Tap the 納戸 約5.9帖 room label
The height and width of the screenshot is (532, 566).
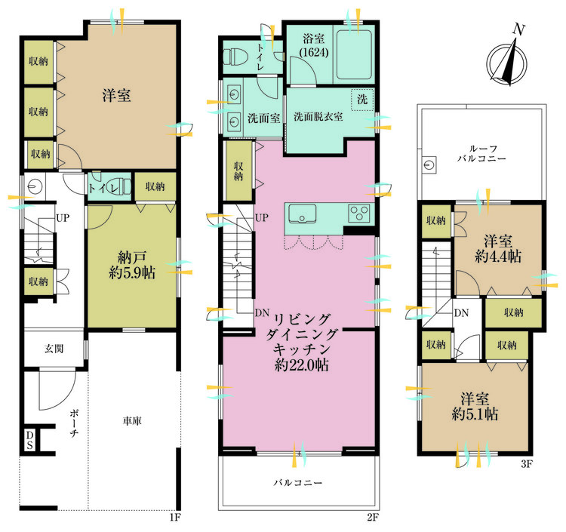click(132, 265)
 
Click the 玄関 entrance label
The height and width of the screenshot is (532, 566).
click(53, 349)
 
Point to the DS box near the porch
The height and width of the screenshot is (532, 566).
click(30, 440)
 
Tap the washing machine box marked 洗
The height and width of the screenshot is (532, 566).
click(362, 99)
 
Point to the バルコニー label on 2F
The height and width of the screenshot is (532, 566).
click(299, 482)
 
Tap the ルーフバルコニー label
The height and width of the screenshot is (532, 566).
click(481, 153)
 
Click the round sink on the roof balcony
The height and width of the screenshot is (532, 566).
click(430, 165)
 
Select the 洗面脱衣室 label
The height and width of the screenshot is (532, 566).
click(318, 117)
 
